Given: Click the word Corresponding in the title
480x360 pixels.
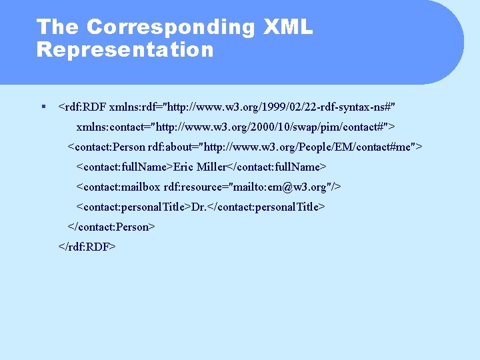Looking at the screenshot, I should [170, 27].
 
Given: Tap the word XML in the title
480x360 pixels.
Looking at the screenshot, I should [287, 27].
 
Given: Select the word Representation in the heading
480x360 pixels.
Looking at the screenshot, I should [125, 50].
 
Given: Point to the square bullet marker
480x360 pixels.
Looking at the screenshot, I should [43, 106].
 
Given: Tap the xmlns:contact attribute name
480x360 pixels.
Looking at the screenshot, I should [112, 127].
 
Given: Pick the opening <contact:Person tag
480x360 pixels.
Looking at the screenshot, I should [106, 147].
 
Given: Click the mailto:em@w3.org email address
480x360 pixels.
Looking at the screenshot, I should [287, 187].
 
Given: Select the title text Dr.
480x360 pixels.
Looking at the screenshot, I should [199, 207].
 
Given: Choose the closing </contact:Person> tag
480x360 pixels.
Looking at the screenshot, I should [111, 227].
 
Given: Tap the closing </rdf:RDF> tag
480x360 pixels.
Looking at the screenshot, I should [87, 247].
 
